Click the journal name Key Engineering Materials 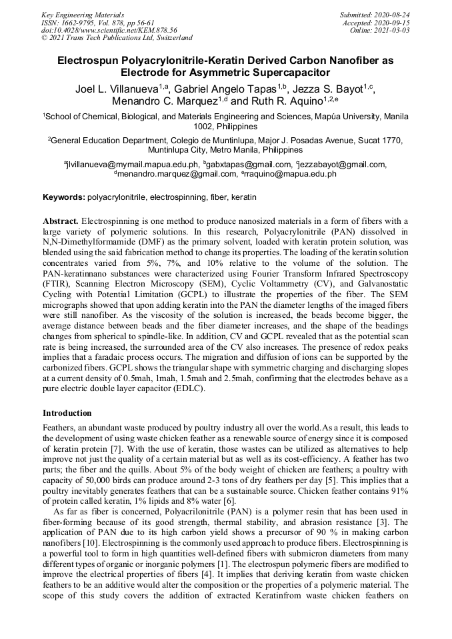coord(82,14)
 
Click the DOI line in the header coord(109,30)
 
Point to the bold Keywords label coord(64,198)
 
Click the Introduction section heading coord(67,413)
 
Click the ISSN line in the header coord(97,22)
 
